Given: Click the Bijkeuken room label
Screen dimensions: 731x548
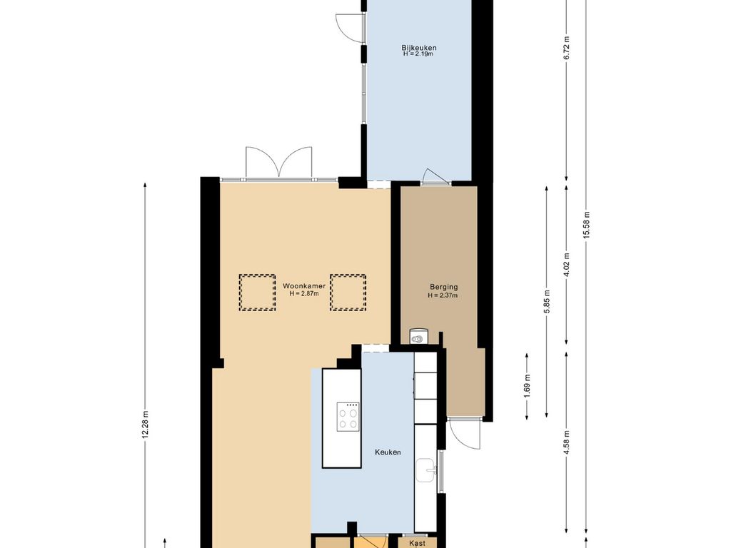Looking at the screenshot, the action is pyautogui.click(x=419, y=48).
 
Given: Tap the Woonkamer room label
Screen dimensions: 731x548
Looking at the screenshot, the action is pyautogui.click(x=304, y=286).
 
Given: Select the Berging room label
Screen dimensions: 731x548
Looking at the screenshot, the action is pyautogui.click(x=443, y=288).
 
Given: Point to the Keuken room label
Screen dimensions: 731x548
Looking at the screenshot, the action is pyautogui.click(x=388, y=452).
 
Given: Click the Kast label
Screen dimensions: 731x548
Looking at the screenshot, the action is pyautogui.click(x=417, y=543).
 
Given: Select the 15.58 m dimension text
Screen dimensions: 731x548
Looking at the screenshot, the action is pyautogui.click(x=587, y=225).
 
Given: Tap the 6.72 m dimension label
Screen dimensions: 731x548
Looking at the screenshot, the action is pyautogui.click(x=566, y=48).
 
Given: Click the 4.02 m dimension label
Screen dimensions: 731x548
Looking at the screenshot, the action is pyautogui.click(x=566, y=265).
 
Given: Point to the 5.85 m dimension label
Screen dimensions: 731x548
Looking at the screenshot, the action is pyautogui.click(x=547, y=302).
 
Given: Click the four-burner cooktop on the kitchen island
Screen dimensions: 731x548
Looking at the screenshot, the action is pyautogui.click(x=348, y=416).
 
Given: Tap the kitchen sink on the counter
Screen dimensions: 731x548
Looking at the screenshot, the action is pyautogui.click(x=426, y=471).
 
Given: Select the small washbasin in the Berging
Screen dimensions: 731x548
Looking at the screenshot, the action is pyautogui.click(x=418, y=337).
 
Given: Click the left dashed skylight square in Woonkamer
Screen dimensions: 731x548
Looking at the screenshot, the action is pyautogui.click(x=257, y=292).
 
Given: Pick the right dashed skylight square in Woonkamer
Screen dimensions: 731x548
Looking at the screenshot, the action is pyautogui.click(x=348, y=292).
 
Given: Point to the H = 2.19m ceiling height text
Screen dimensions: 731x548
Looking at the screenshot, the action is pyautogui.click(x=419, y=54).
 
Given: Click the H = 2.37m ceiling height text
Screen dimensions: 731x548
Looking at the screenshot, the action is pyautogui.click(x=443, y=295).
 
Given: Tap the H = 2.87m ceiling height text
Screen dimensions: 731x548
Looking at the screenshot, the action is pyautogui.click(x=304, y=293).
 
